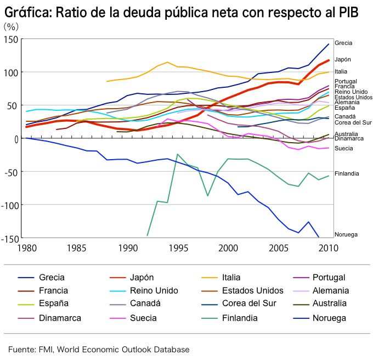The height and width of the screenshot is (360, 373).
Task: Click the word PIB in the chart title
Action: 346,13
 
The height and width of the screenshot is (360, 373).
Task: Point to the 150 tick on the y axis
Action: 12,39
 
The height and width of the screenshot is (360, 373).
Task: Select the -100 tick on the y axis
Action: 9,205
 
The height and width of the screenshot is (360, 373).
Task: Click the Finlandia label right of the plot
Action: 347,173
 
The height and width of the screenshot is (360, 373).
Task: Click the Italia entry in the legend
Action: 231,277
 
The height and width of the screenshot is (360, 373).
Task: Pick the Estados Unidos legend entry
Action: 252,290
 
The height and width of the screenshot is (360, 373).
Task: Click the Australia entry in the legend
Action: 329,303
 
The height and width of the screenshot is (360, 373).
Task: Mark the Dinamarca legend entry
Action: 60,318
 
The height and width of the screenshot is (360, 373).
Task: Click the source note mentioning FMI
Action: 99,349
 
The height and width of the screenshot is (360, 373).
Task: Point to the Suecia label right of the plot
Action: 343,148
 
